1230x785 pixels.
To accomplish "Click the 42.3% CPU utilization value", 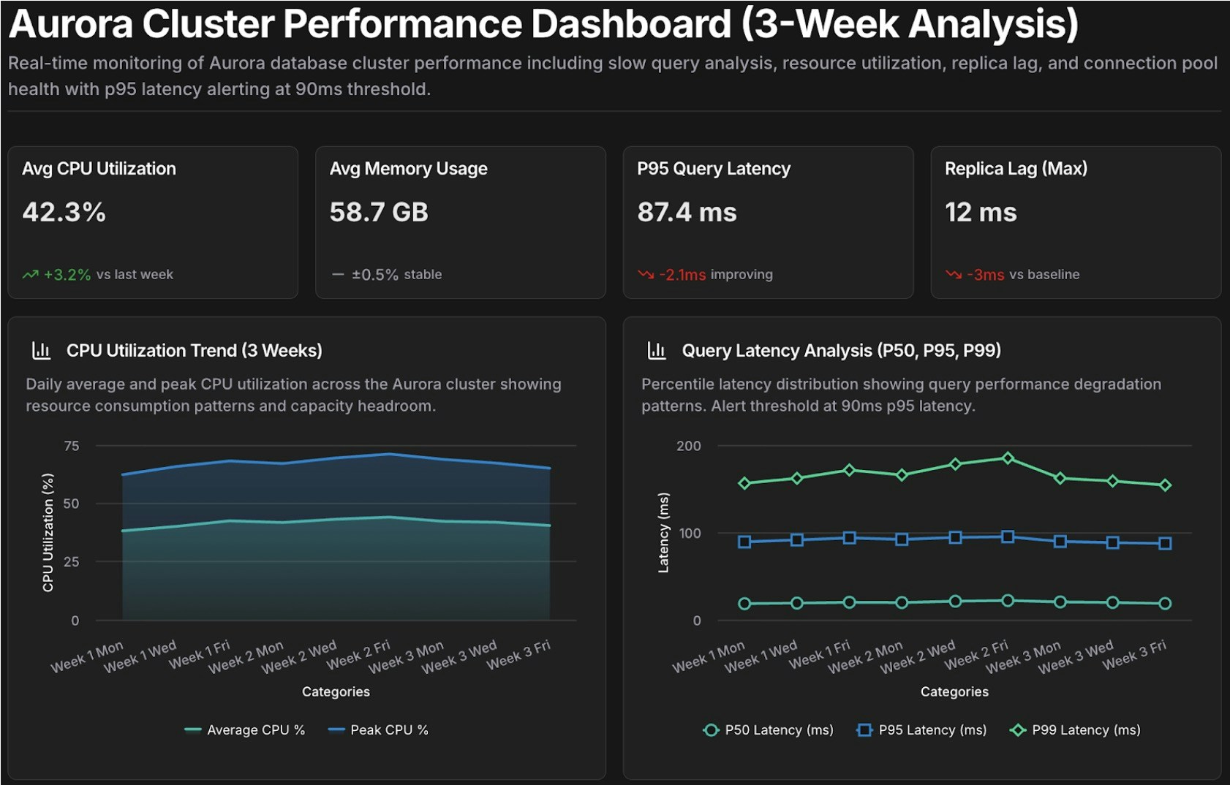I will point(64,213).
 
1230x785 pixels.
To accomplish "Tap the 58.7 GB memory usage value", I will point(379,213).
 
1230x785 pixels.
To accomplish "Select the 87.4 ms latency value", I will point(687,213).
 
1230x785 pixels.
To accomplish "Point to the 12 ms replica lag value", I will point(981,213).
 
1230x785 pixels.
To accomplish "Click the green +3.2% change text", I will point(67,275).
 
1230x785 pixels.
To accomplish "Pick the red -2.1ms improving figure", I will point(682,275).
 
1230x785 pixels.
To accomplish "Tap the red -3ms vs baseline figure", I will point(985,275).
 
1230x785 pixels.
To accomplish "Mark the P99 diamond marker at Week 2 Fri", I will point(1008,458).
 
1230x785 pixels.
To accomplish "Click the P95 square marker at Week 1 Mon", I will point(744,542).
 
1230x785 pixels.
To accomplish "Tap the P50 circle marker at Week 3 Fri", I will point(1165,604).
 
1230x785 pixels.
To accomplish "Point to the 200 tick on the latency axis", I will point(688,446).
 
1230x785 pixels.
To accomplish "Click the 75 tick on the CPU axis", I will point(72,446).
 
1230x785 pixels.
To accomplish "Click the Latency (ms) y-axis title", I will point(663,533).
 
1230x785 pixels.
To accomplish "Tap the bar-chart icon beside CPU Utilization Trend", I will point(42,351).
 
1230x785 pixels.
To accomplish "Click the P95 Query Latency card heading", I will point(713,169).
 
